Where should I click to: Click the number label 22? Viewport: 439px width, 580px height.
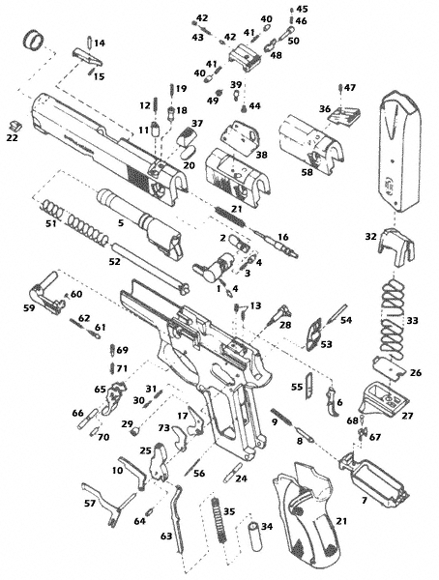[x=12, y=138]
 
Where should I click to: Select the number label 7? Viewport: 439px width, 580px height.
[x=364, y=501]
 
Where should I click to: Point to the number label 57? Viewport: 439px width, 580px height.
[x=89, y=504]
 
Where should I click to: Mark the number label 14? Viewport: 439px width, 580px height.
[x=100, y=43]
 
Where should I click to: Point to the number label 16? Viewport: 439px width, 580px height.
[x=282, y=236]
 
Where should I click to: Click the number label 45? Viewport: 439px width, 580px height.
[x=302, y=9]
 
